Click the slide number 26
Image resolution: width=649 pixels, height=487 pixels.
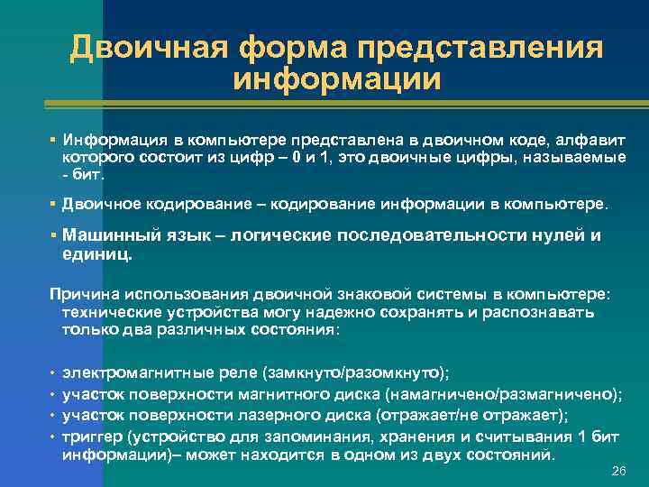[x=618, y=472]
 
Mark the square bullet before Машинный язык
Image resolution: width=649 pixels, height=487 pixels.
[x=54, y=234]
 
